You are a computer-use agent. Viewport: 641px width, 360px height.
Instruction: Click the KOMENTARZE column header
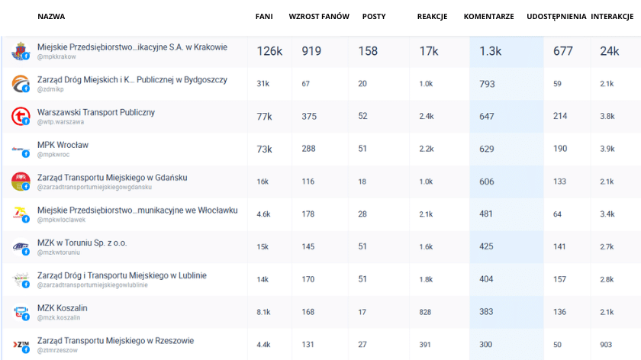488,16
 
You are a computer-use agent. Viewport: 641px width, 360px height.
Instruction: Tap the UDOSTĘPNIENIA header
556,16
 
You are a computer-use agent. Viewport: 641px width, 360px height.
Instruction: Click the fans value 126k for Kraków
269,51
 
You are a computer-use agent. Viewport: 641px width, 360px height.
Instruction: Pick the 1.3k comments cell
491,51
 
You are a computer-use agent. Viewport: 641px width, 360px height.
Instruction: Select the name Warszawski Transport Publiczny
96,112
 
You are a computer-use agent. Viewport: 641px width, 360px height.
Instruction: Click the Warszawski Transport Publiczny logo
20,116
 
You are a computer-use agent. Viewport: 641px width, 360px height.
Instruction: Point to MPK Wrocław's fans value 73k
264,149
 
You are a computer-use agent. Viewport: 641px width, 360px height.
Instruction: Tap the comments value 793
488,84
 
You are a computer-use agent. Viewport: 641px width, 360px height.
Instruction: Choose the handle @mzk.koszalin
59,317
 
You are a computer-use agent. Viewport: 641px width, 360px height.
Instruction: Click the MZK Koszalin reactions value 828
425,312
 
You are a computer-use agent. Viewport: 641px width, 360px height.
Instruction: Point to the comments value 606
487,182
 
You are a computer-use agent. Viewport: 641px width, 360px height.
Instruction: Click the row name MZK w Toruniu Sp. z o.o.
82,243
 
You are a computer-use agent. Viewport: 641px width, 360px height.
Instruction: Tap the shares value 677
563,51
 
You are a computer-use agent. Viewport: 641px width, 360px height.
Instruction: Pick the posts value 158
368,51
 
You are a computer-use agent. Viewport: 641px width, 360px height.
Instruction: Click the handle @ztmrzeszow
58,350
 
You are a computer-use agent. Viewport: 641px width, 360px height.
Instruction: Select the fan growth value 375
309,117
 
